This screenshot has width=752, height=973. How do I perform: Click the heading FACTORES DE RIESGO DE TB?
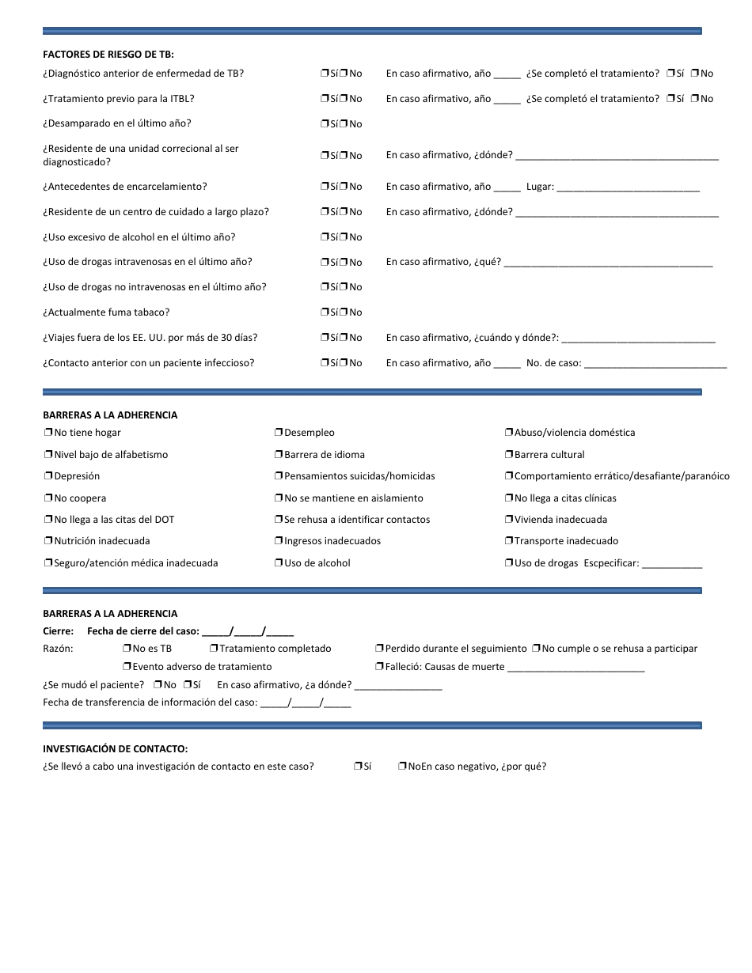coord(108,54)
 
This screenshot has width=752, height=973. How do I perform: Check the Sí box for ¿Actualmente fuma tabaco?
coord(325,312)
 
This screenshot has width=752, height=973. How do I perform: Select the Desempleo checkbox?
coord(279,433)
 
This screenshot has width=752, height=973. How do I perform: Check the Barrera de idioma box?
coord(279,455)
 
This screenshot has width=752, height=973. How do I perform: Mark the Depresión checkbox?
coord(48,476)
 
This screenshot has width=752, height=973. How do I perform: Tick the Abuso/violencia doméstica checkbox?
coord(509,433)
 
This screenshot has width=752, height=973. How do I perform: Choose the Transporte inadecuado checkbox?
coord(509,541)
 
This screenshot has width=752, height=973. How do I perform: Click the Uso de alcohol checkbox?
coord(279,563)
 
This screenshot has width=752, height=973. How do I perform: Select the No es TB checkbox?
coord(127,649)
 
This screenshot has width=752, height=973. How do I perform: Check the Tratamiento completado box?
coord(214,649)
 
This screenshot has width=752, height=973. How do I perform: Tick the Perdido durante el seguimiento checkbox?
coord(380,649)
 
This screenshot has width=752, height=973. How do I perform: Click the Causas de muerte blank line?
coord(575,668)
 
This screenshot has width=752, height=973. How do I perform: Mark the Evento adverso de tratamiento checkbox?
coord(127,667)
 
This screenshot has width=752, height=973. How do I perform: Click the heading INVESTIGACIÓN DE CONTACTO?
coord(115,748)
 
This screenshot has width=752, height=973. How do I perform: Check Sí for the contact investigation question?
coord(358,767)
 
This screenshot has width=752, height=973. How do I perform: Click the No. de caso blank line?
coord(655,364)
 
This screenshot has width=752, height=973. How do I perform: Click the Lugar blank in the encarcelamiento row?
coord(628,187)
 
